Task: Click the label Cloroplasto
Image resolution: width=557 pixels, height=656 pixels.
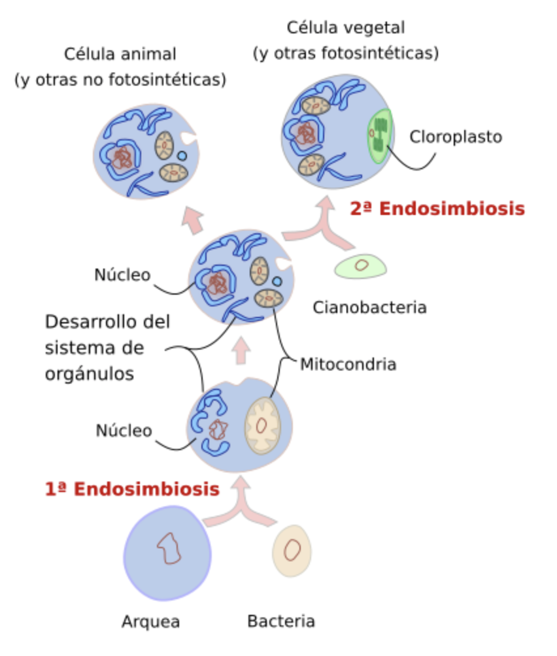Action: (x=456, y=137)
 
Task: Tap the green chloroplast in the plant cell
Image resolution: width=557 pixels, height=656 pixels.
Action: (x=380, y=135)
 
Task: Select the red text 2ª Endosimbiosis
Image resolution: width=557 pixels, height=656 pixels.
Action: (x=437, y=208)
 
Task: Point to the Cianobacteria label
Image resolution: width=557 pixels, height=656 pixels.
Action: (x=369, y=307)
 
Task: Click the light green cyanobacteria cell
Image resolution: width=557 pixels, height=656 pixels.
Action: (x=360, y=266)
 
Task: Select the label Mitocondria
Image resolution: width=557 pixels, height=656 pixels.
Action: (x=348, y=364)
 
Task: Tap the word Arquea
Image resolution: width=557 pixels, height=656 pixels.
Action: (x=150, y=621)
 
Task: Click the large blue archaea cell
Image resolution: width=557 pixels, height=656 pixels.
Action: (x=167, y=553)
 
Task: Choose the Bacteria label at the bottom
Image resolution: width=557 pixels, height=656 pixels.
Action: (x=281, y=621)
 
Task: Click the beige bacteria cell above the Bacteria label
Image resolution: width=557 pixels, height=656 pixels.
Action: (x=292, y=550)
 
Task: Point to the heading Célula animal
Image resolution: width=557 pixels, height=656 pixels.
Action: (x=120, y=54)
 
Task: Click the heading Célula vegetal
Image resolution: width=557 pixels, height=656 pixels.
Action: (x=346, y=28)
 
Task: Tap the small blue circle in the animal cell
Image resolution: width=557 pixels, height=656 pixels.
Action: (x=182, y=156)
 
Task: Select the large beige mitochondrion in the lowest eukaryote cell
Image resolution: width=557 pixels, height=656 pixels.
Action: (x=262, y=425)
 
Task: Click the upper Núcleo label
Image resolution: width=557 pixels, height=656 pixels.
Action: (x=122, y=275)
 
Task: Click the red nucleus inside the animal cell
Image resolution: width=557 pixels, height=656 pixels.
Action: (x=122, y=157)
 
